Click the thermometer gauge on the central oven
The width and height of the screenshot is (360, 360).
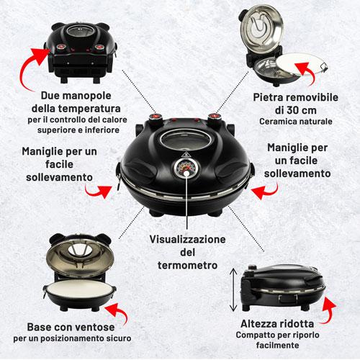point(186,168)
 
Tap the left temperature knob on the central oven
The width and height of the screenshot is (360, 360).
point(156,119)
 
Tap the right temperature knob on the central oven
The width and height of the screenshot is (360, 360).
point(214,118)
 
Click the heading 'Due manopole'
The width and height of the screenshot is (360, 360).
point(76,96)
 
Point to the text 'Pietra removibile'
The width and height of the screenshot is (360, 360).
point(296,97)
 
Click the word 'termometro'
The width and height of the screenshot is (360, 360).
point(187,265)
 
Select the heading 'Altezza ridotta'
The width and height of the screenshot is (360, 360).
point(277,324)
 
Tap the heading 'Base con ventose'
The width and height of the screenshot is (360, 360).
point(71,327)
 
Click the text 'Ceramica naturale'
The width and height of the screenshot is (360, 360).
point(296,122)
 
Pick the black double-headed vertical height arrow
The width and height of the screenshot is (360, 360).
point(233,289)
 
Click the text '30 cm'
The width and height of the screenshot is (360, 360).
point(302,110)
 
